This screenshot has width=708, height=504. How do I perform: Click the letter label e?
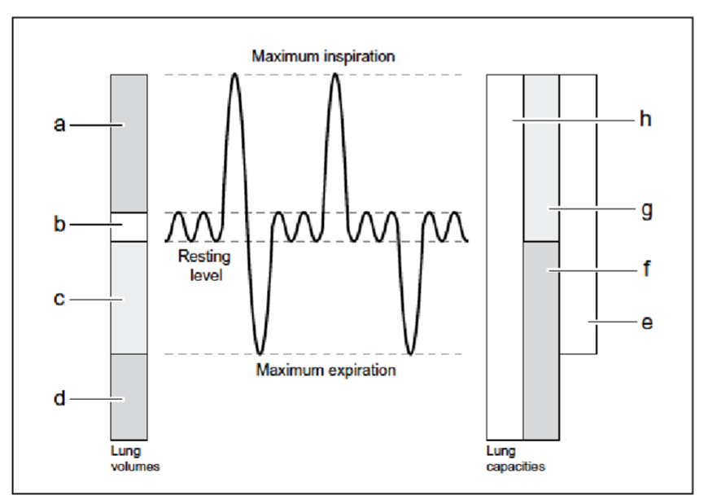click(647, 322)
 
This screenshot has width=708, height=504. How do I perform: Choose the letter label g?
click(647, 210)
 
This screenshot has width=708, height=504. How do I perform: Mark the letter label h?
click(647, 121)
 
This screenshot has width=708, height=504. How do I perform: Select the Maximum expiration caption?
click(326, 370)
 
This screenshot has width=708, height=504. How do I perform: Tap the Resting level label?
click(204, 265)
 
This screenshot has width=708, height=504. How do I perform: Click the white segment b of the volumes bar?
click(129, 227)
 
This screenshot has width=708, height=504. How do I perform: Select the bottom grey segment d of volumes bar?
click(129, 397)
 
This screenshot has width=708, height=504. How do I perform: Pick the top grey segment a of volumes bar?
click(129, 142)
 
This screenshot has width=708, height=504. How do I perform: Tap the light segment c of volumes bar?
click(129, 298)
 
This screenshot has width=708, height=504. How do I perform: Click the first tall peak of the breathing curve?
click(235, 76)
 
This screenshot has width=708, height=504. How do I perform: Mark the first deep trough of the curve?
click(259, 353)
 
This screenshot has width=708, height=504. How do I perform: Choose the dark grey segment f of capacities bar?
click(540, 340)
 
